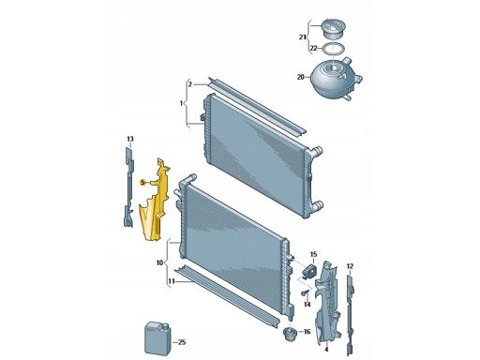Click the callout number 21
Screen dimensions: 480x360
(301, 37)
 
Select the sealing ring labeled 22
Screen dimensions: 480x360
(334, 49)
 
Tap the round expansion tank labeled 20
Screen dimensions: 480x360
(336, 77)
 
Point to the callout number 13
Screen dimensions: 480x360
(130, 139)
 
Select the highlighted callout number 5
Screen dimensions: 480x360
(142, 183)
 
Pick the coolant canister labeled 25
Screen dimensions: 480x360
(157, 338)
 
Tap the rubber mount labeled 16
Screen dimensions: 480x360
(289, 335)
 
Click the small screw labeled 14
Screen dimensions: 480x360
(305, 292)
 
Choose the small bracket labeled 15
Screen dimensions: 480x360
(308, 269)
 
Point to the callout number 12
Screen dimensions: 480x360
(350, 266)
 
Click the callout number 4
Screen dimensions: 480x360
(326, 349)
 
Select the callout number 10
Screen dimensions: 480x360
(159, 262)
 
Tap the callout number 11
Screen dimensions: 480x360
(172, 281)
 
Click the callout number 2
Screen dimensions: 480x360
(190, 84)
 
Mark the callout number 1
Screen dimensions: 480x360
(181, 103)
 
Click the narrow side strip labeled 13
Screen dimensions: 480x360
(128, 187)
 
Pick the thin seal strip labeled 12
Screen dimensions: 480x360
(351, 314)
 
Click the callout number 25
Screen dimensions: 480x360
(182, 342)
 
